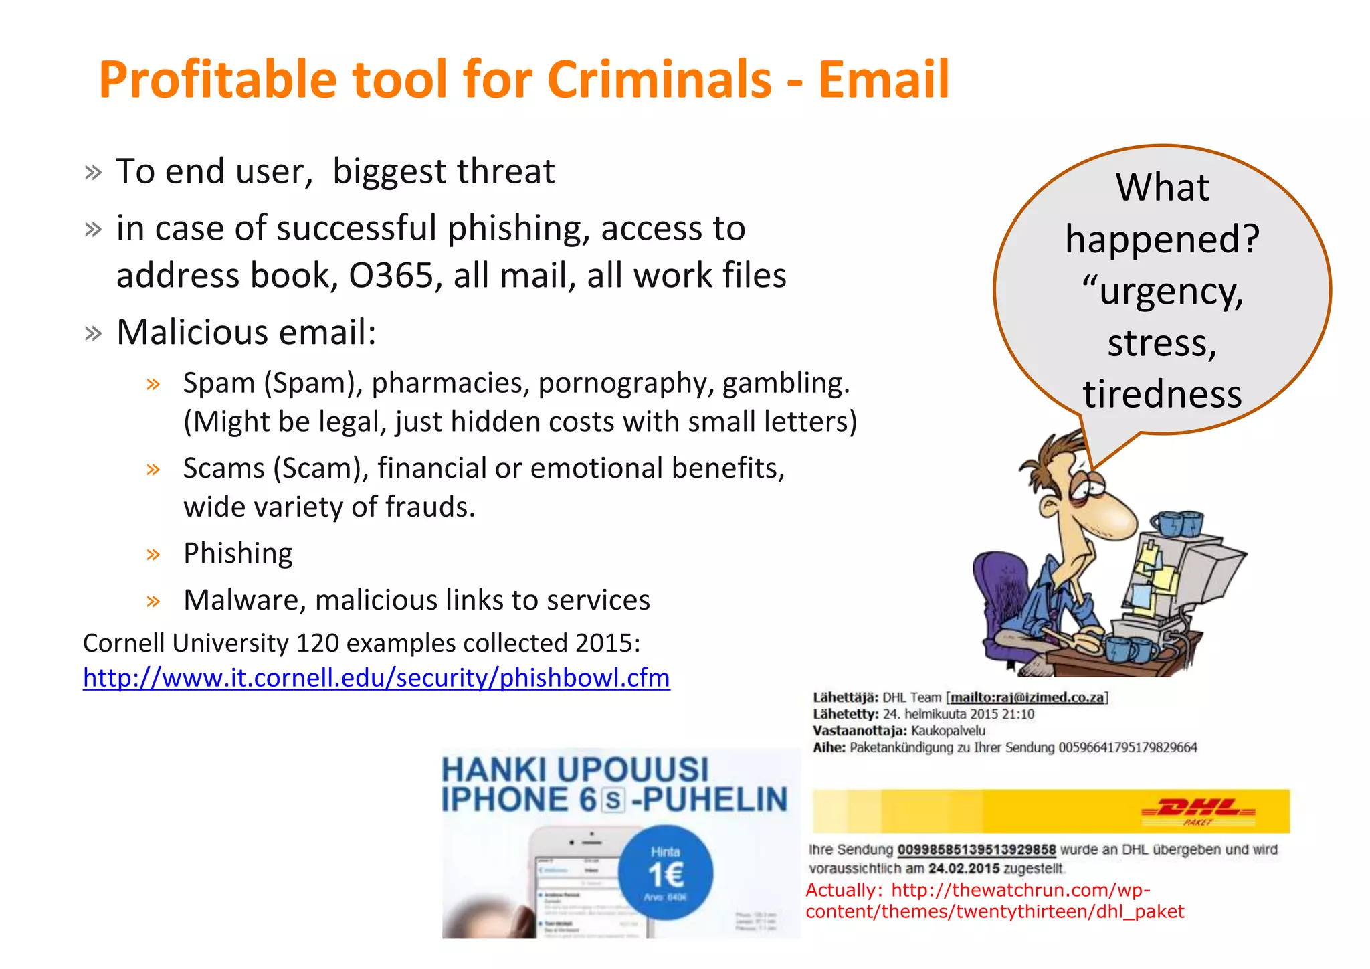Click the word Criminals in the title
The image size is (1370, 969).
(x=660, y=80)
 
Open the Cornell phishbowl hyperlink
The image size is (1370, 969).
(x=376, y=678)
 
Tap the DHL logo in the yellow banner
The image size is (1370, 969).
(x=1197, y=810)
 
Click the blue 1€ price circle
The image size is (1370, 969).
(x=666, y=874)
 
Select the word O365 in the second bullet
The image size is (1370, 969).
(x=391, y=276)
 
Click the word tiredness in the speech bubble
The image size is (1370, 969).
(x=1162, y=394)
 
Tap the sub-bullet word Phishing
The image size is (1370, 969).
(x=238, y=553)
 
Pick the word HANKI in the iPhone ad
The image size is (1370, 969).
(x=494, y=770)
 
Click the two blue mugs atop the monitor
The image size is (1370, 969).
(x=1180, y=523)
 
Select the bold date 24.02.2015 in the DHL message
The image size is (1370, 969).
(x=964, y=869)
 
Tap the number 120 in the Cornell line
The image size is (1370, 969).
(x=317, y=643)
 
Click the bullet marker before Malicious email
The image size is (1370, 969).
(x=93, y=333)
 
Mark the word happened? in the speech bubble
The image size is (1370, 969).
(x=1162, y=239)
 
